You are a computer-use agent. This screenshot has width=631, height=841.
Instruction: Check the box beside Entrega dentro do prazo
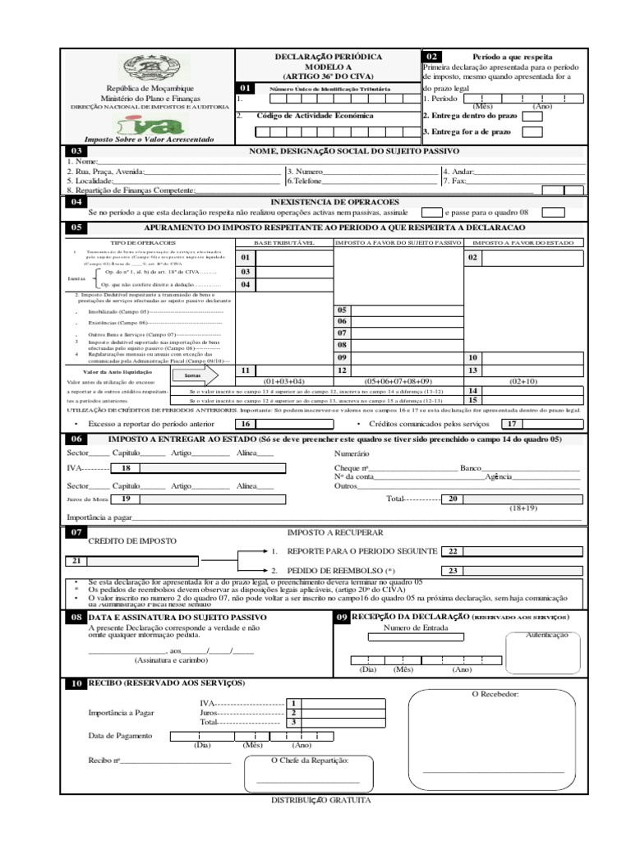pos(532,116)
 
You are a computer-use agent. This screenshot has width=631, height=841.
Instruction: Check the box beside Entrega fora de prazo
pos(532,131)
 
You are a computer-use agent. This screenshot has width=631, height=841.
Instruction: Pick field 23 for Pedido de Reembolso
pos(512,571)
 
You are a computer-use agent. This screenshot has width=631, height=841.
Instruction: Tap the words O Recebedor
pos(495,695)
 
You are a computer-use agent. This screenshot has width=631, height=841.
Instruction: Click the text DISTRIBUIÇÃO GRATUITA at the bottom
pos(321,798)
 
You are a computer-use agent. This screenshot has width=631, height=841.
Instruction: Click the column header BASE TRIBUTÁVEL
pos(283,243)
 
